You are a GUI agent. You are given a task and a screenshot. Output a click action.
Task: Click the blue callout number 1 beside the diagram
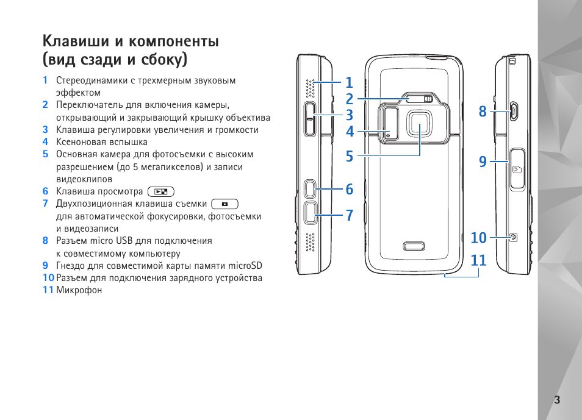tap(349, 82)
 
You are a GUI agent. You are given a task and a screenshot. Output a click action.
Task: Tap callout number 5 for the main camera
tap(350, 156)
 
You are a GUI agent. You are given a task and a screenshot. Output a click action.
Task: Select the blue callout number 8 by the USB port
tap(482, 111)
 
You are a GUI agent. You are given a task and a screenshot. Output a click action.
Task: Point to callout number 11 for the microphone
tap(478, 260)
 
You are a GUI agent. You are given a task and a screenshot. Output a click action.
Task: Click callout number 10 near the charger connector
tap(478, 238)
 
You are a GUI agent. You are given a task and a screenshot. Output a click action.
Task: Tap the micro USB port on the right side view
tap(514, 111)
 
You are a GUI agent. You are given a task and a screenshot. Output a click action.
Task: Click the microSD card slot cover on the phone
tap(517, 169)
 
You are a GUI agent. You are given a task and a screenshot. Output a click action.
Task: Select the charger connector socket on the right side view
tap(513, 238)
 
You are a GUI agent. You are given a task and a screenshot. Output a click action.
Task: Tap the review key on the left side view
tap(311, 188)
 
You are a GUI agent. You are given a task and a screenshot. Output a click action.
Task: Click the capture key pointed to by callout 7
tap(311, 213)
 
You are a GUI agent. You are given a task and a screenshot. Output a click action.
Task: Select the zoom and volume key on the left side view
tap(311, 119)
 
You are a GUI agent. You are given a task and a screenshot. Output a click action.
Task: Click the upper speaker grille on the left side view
tap(310, 88)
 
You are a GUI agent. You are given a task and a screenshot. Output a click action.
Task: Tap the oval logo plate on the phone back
tap(414, 246)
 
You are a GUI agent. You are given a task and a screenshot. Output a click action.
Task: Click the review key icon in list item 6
tap(160, 191)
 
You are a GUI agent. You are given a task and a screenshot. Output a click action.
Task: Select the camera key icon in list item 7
tap(225, 204)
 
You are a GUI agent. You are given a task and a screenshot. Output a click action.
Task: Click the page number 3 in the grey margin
tap(557, 400)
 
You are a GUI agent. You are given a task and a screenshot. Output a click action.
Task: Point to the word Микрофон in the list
tap(79, 290)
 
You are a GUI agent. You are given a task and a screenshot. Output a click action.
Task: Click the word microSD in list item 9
tap(245, 266)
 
